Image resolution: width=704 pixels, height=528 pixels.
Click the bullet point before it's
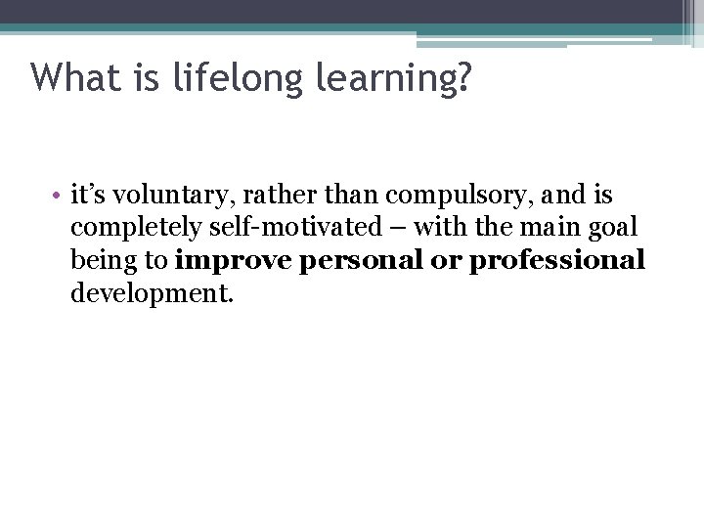pyautogui.click(x=60, y=197)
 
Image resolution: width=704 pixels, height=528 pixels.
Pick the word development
pyautogui.click(x=152, y=293)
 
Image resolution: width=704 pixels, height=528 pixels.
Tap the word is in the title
pyautogui.click(x=145, y=77)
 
